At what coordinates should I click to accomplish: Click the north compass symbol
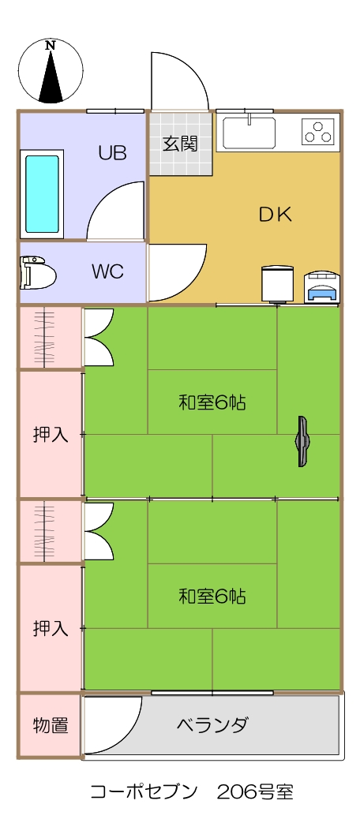[x=51, y=70]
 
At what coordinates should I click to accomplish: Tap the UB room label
[x=112, y=153]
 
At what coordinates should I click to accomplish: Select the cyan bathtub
[x=43, y=194]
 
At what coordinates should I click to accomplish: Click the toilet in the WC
[x=38, y=272]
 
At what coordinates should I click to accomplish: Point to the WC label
[x=107, y=271]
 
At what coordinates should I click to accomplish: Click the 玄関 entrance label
[x=180, y=144]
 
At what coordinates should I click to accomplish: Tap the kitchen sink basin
[x=249, y=133]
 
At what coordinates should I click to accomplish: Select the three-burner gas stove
[x=317, y=132]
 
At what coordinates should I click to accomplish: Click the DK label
[x=275, y=215]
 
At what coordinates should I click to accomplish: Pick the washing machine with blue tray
[x=321, y=289]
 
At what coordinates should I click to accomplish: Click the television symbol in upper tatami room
[x=302, y=441]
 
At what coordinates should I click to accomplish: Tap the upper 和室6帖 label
[x=212, y=402]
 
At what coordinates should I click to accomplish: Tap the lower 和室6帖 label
[x=212, y=596]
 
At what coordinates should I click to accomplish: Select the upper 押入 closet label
[x=51, y=435]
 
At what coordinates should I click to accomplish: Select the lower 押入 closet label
[x=51, y=628]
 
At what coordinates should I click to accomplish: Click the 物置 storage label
[x=51, y=726]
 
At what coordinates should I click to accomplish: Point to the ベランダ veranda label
[x=212, y=725]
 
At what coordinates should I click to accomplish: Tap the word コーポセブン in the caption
[x=144, y=791]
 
